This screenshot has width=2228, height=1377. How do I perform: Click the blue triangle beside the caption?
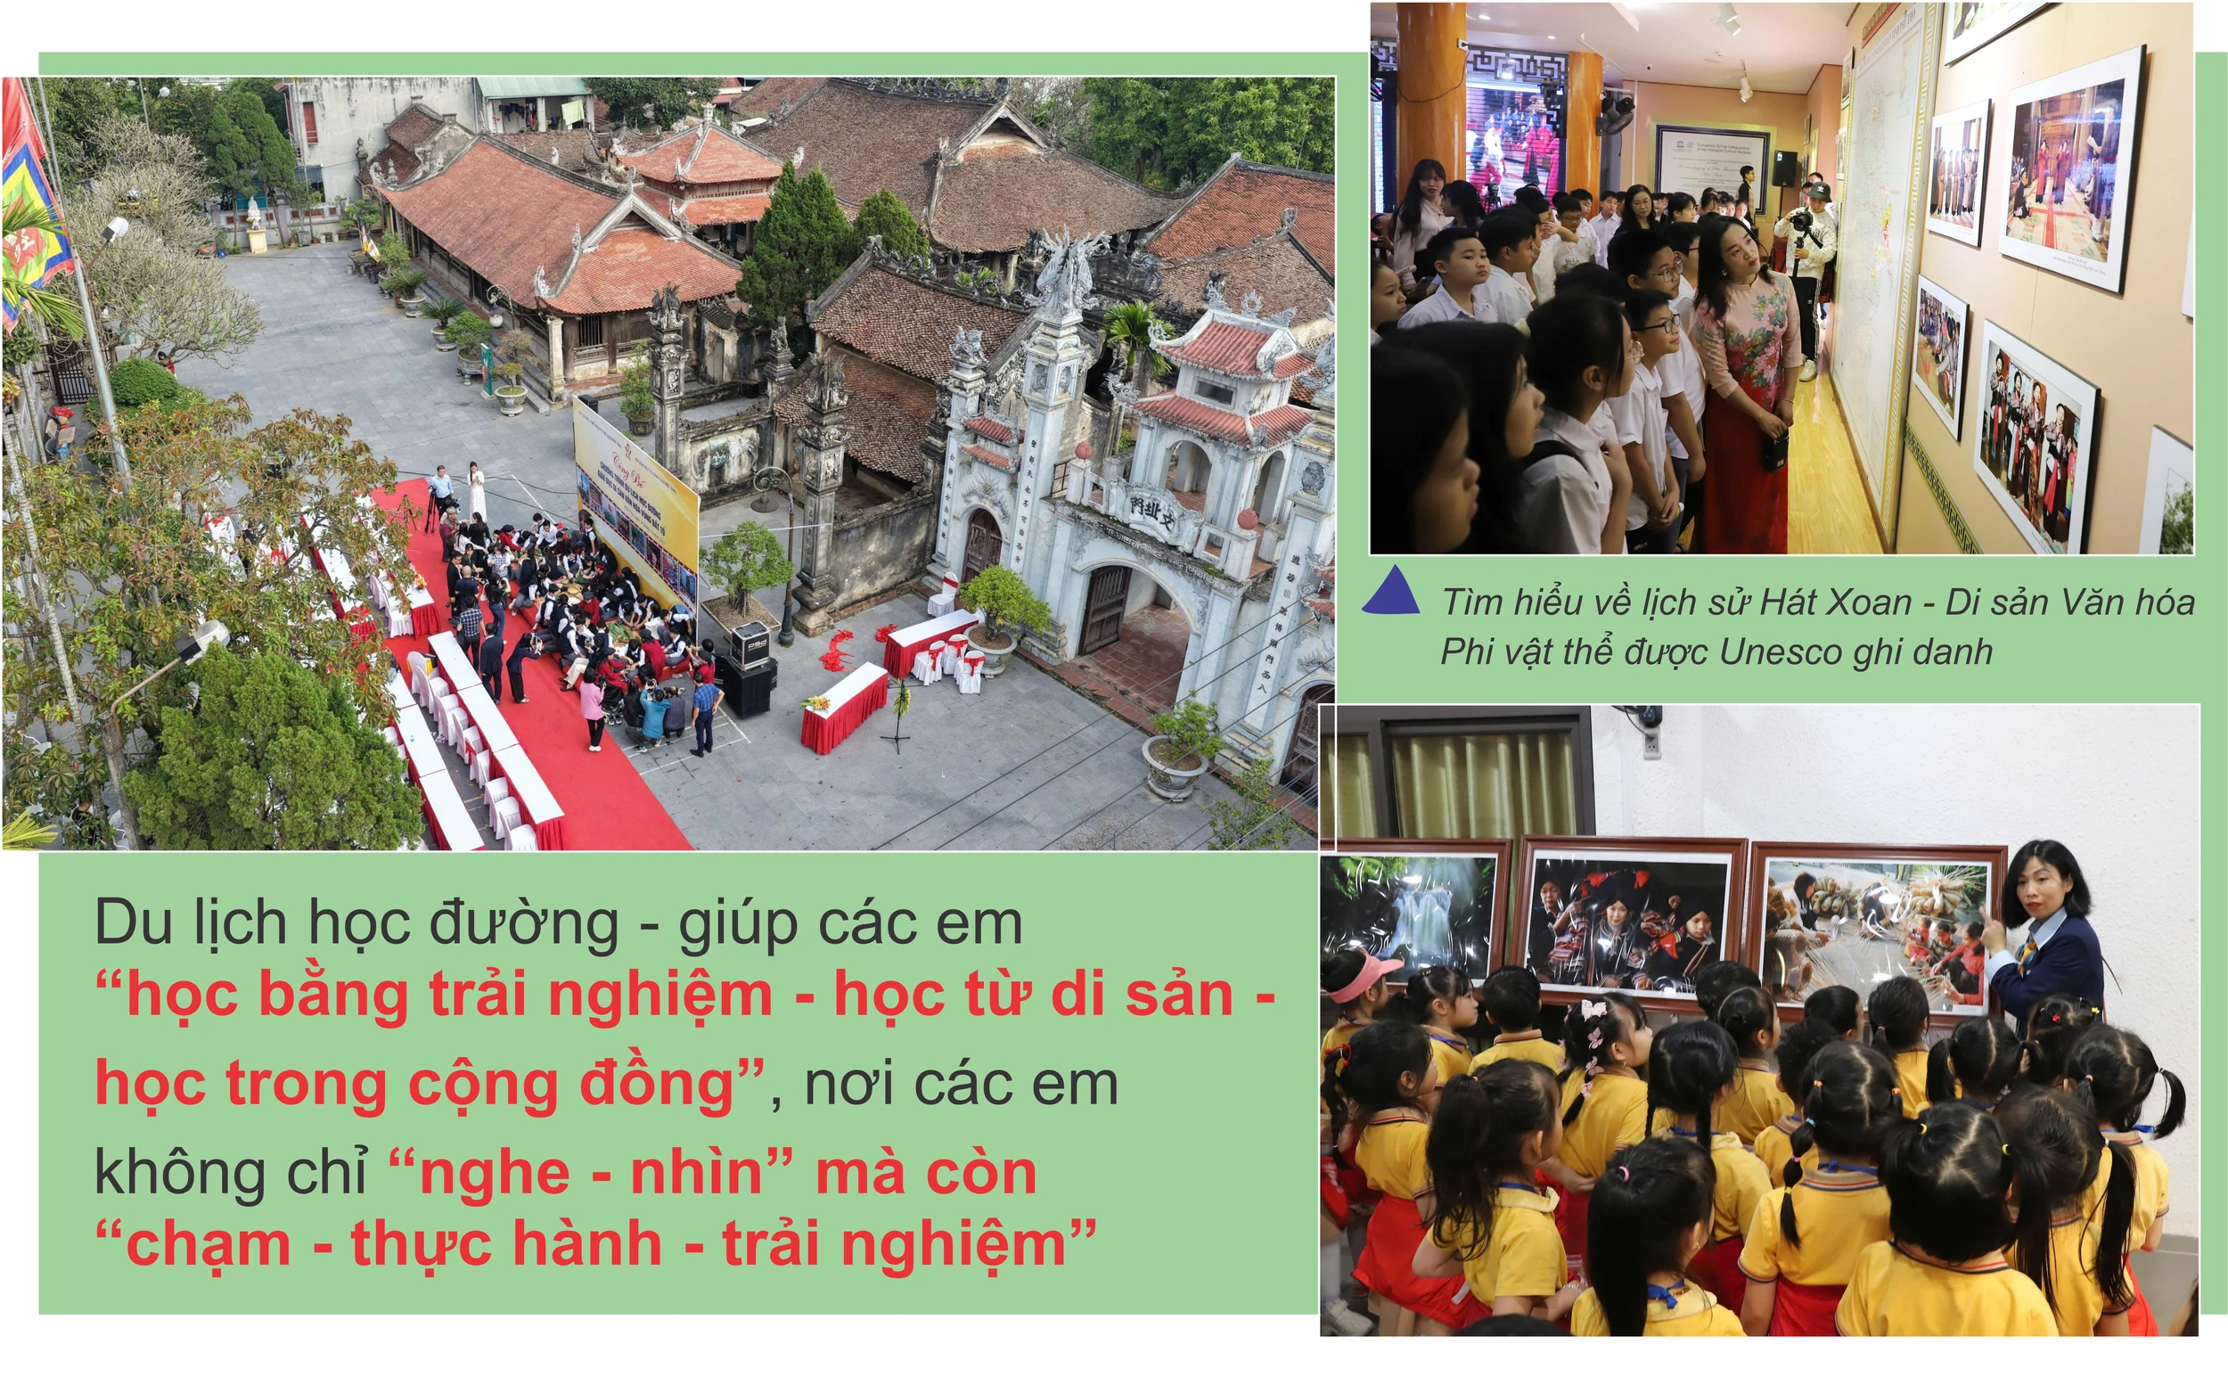pos(1391,593)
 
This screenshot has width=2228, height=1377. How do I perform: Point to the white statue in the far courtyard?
pos(254,214)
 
